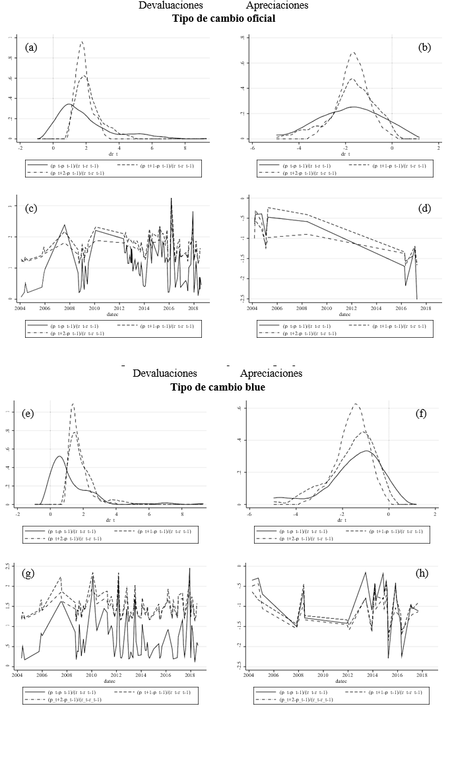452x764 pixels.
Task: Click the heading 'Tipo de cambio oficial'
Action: click(224, 18)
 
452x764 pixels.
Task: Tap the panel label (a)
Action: click(30, 48)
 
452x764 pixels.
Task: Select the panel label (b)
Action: click(424, 48)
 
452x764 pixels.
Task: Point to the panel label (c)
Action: click(30, 208)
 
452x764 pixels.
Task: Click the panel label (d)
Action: click(424, 208)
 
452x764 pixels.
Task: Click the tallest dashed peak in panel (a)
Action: click(82, 42)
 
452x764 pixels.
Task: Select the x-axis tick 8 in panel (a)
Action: click(185, 148)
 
